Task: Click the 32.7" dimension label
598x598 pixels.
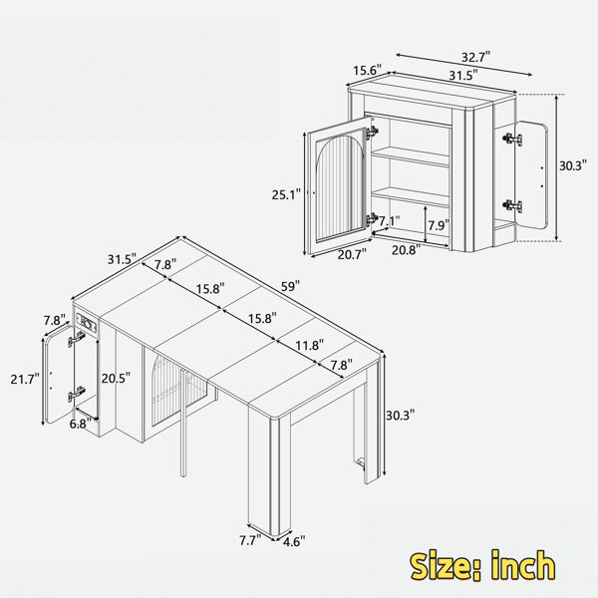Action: [475, 57]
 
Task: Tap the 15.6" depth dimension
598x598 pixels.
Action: [367, 71]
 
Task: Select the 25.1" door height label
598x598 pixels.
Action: [286, 194]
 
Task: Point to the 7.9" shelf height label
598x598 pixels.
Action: [439, 225]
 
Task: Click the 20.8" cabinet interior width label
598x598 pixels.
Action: [407, 250]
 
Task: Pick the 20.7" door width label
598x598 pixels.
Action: [352, 254]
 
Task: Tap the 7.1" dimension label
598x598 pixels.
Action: [390, 220]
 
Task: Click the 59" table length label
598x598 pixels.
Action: [291, 286]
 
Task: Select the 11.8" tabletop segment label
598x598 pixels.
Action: [310, 345]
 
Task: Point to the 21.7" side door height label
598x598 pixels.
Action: [25, 379]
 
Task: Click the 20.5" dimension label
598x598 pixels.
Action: [116, 378]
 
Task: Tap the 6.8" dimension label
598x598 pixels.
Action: [81, 424]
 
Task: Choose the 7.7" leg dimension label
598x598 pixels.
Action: [250, 540]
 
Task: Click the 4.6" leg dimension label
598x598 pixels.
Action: [294, 541]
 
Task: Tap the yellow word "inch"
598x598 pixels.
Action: [522, 565]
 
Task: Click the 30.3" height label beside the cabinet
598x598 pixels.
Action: [572, 165]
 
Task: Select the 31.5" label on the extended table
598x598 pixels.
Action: [122, 259]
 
